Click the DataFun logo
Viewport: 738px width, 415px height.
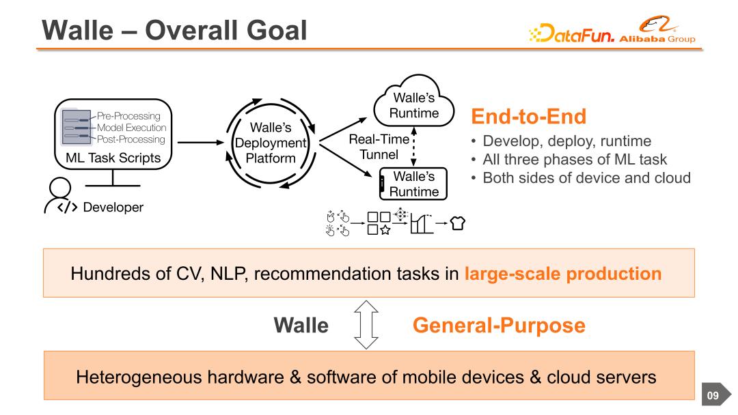pyautogui.click(x=571, y=33)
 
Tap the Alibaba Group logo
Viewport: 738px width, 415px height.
pyautogui.click(x=657, y=29)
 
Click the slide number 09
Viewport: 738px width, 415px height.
pyautogui.click(x=713, y=395)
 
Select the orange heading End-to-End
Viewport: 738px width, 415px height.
pyautogui.click(x=528, y=117)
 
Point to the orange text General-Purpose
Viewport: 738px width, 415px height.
pyautogui.click(x=499, y=325)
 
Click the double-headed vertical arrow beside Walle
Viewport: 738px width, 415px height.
pyautogui.click(x=366, y=325)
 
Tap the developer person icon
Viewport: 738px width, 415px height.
pyautogui.click(x=60, y=196)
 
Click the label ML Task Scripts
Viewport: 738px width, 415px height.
pyautogui.click(x=113, y=158)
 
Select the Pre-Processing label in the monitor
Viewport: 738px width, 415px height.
pyautogui.click(x=128, y=115)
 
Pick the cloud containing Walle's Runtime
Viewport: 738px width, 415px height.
pyautogui.click(x=414, y=100)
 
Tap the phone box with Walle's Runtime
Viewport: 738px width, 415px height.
pyautogui.click(x=413, y=184)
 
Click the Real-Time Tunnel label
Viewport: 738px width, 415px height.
pyautogui.click(x=379, y=147)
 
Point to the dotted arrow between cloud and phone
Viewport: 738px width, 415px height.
pyautogui.click(x=413, y=147)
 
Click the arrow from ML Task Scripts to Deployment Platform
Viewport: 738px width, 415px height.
pyautogui.click(x=200, y=143)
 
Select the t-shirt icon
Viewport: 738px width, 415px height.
pyautogui.click(x=457, y=223)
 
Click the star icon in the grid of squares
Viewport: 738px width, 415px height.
pyautogui.click(x=385, y=230)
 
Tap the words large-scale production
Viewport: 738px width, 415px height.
pyautogui.click(x=563, y=274)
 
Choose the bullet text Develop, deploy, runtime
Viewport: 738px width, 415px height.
pyautogui.click(x=567, y=141)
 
